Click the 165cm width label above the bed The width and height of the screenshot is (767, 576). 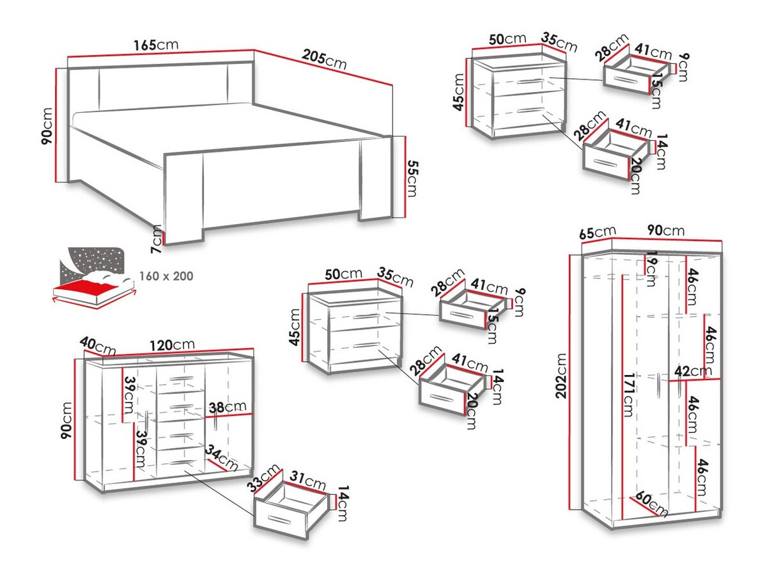click(155, 45)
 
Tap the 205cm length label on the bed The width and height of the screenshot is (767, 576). click(325, 61)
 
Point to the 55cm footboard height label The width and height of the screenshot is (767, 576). click(412, 179)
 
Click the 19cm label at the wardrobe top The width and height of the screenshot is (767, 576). click(651, 269)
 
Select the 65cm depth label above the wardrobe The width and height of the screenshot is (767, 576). click(598, 232)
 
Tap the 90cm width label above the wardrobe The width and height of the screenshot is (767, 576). click(665, 230)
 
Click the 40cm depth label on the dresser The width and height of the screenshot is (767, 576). click(97, 347)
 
